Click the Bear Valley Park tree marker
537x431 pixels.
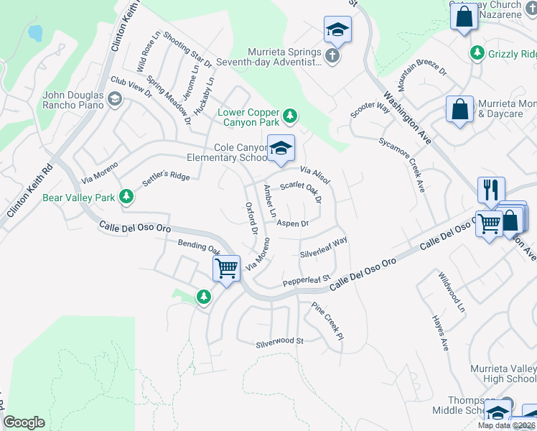pos(126,196)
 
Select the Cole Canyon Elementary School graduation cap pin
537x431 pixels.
pos(281,149)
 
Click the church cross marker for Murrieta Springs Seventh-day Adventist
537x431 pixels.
pos(331,55)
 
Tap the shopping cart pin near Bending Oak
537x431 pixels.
pos(226,269)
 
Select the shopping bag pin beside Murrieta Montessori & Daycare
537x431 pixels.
pos(459,110)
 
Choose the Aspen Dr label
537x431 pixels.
pos(292,223)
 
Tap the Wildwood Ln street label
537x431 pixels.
pos(452,292)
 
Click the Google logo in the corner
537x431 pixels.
pos(24,422)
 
